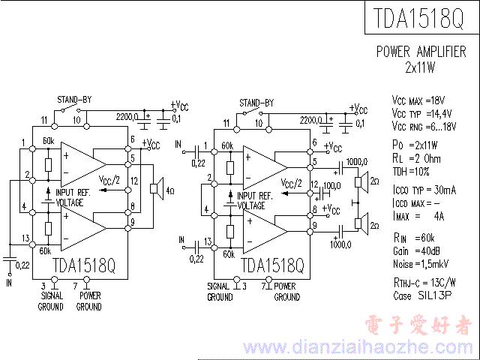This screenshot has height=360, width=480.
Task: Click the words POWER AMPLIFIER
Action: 420,52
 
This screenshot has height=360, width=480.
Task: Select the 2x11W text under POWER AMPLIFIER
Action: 420,67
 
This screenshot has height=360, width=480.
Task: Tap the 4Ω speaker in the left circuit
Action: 157,187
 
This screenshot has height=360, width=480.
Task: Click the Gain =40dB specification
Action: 417,250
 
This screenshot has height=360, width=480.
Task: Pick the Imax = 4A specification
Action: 418,217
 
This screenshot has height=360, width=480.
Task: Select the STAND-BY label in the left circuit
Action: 74,100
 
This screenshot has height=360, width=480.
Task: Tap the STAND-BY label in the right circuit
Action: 256,103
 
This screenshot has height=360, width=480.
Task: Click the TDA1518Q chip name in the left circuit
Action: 84,265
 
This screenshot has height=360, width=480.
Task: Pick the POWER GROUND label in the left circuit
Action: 88,301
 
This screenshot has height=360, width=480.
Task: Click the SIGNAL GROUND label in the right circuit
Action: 219,292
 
